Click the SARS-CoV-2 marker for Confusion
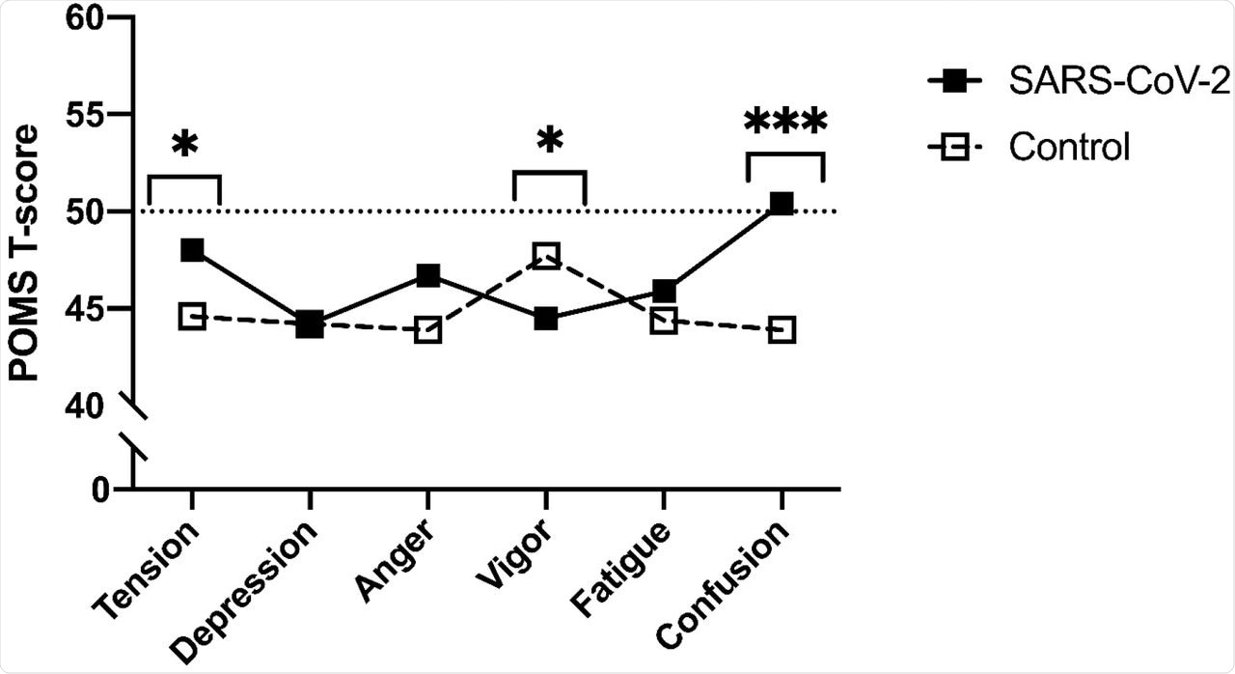[782, 204]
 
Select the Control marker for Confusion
[782, 330]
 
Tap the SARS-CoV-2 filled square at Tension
[192, 250]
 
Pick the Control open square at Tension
[192, 317]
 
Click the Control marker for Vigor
[546, 256]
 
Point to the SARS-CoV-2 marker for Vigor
[546, 319]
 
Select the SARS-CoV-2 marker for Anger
[428, 276]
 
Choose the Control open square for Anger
[428, 331]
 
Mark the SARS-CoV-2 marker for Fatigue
[664, 292]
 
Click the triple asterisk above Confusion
[785, 125]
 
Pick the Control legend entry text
[1068, 149]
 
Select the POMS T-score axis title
[27, 252]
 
